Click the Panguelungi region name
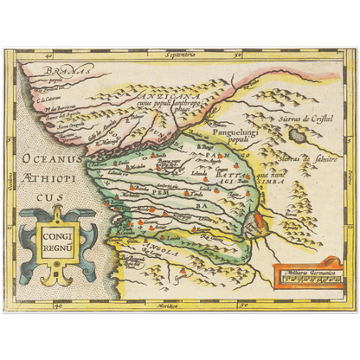(233, 134)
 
